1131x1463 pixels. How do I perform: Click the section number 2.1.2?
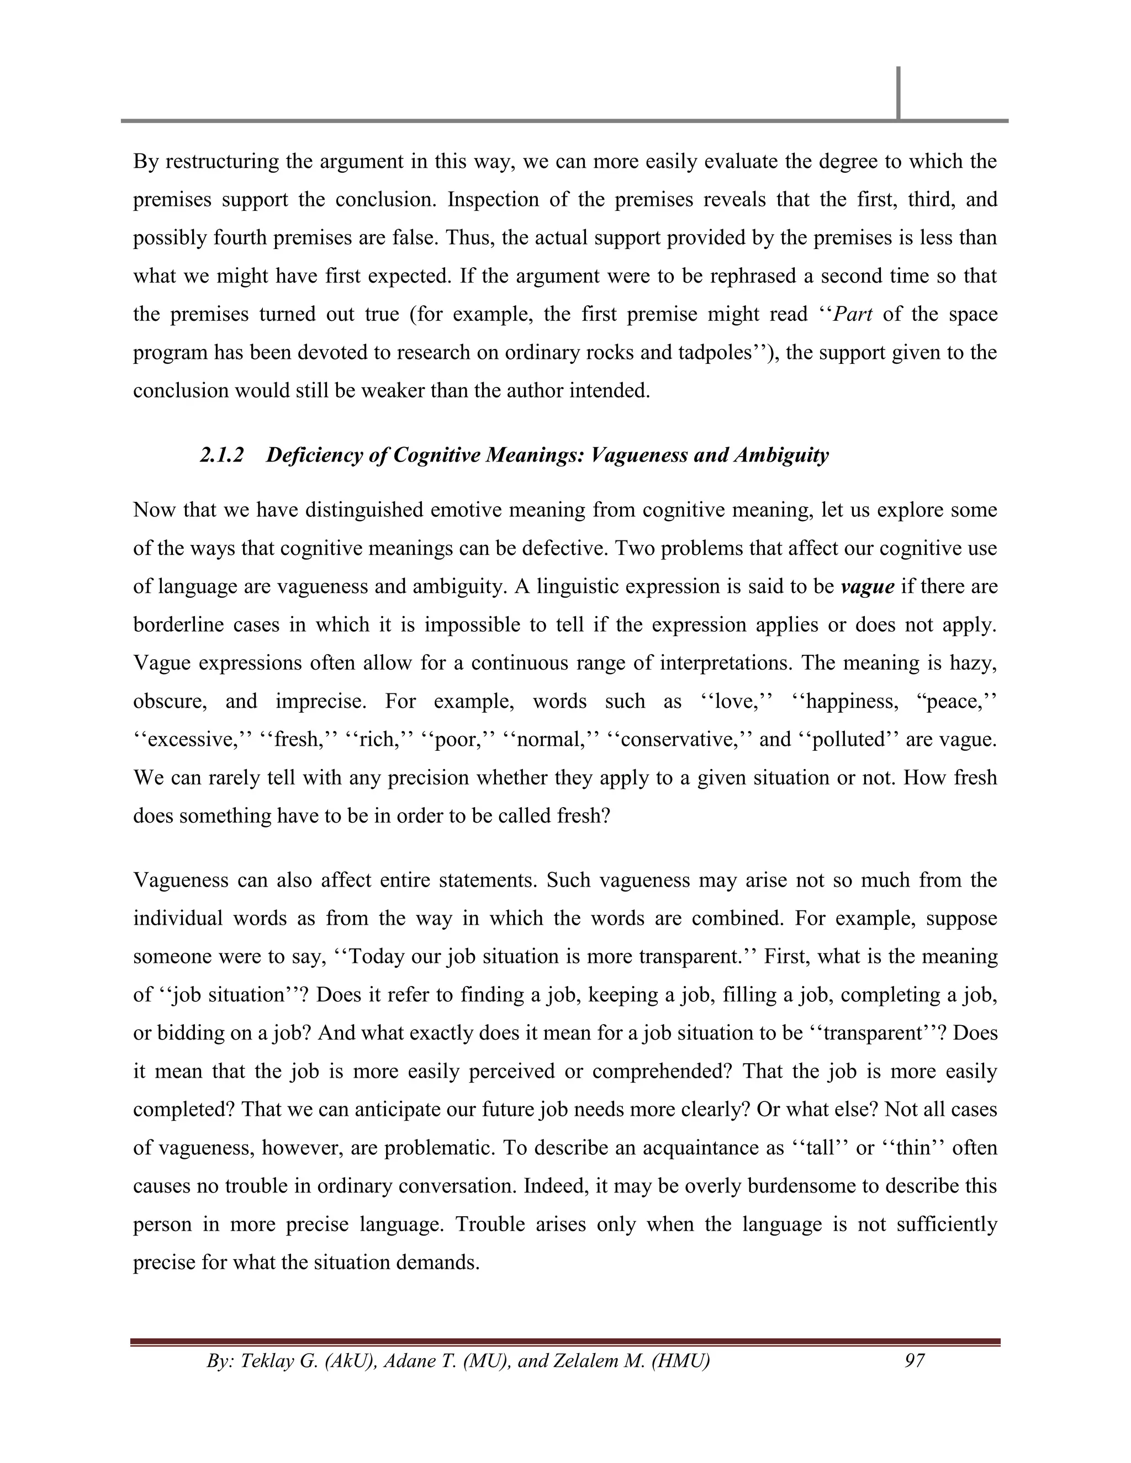pyautogui.click(x=221, y=455)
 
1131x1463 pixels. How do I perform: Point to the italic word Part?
pyautogui.click(x=852, y=314)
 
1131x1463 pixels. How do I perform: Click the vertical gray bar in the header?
pyautogui.click(x=898, y=93)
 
